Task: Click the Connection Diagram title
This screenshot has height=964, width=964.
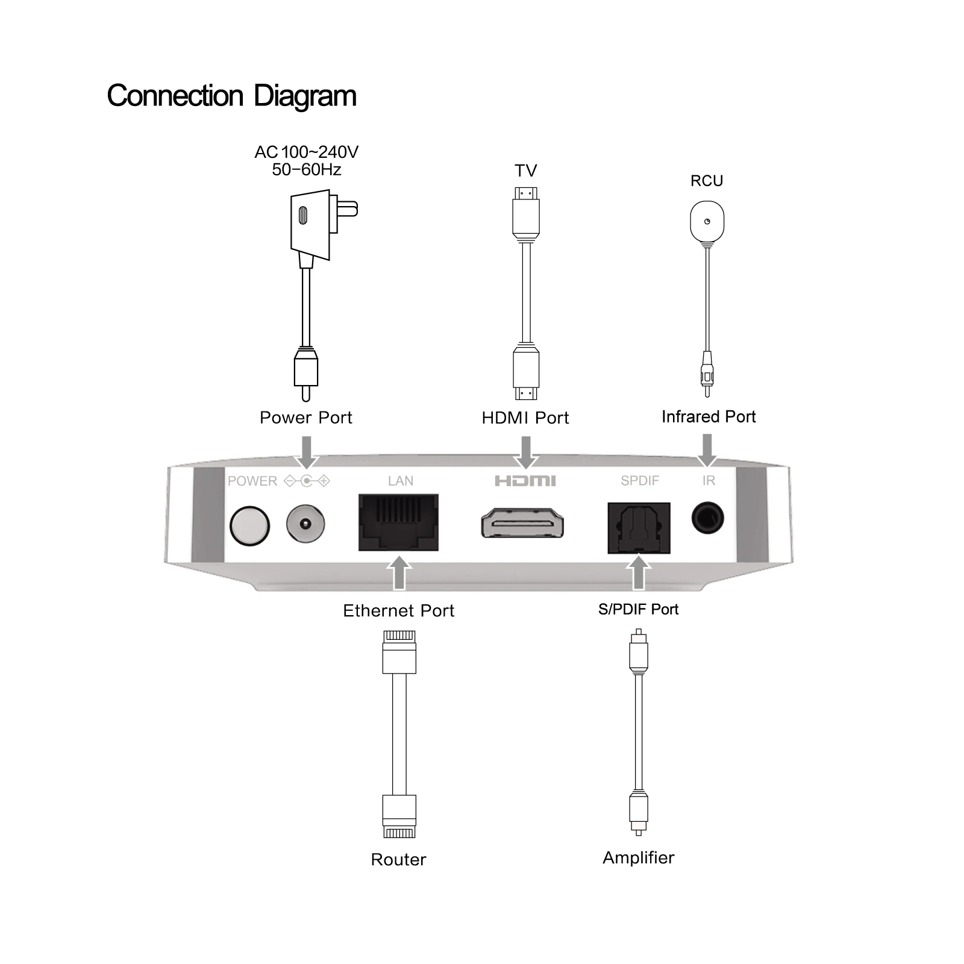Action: [x=231, y=96]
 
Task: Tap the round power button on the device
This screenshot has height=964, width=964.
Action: [x=249, y=525]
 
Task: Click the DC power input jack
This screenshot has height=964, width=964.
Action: [x=305, y=524]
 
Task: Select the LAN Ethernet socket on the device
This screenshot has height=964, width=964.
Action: [x=398, y=522]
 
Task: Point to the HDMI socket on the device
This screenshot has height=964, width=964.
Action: [x=522, y=523]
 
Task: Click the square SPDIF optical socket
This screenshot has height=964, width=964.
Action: [x=639, y=528]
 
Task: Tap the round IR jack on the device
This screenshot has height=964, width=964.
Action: [x=707, y=518]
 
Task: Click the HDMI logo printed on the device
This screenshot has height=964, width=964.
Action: [x=525, y=481]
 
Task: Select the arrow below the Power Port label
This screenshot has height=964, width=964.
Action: [x=307, y=452]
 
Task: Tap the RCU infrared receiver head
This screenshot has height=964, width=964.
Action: [x=707, y=222]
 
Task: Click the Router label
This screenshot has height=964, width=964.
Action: [x=398, y=859]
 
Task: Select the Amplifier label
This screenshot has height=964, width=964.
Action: [x=639, y=857]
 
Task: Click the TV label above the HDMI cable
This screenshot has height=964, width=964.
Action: [x=525, y=171]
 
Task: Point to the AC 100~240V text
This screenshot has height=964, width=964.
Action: [x=306, y=152]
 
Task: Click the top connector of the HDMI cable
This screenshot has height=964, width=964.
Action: [x=526, y=214]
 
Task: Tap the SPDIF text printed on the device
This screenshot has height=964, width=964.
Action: [x=640, y=481]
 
